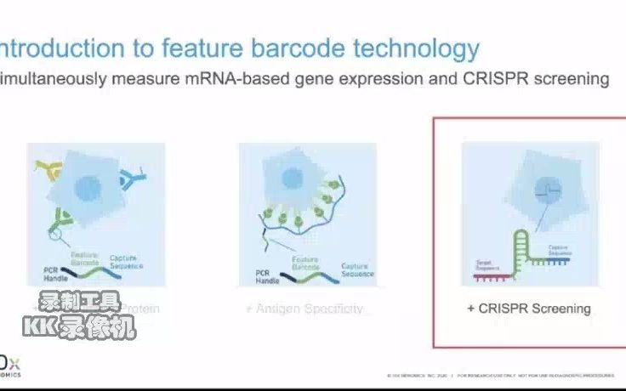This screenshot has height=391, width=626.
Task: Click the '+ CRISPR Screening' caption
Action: (528, 309)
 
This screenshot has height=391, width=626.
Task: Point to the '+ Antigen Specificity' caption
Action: (304, 309)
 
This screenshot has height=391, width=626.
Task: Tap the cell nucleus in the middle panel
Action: (292, 178)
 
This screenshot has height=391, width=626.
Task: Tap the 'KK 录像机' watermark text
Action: (79, 327)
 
